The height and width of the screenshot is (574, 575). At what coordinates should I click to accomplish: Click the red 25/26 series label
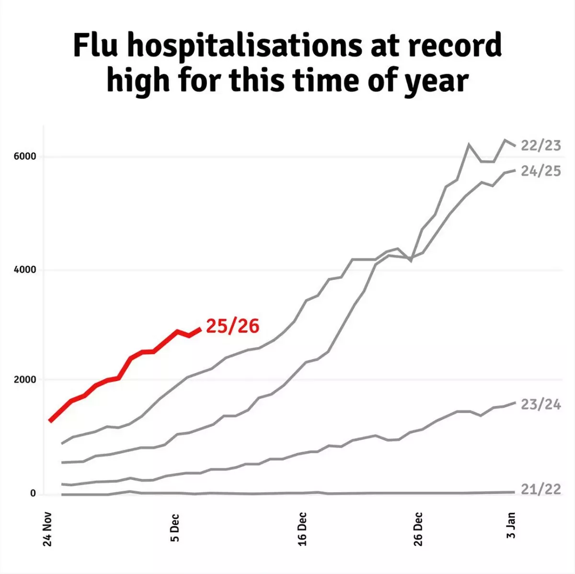(232, 326)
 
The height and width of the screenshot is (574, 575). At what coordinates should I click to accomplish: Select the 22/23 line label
(540, 146)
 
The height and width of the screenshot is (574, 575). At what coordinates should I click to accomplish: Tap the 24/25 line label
(540, 171)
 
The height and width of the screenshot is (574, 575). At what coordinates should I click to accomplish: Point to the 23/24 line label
(540, 405)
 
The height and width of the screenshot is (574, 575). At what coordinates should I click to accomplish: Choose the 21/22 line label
(540, 489)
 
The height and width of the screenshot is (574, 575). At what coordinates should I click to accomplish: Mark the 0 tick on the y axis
(33, 493)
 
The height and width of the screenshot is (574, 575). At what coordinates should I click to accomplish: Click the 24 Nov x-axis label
(47, 530)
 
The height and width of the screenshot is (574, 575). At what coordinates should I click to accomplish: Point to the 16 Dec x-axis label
(302, 529)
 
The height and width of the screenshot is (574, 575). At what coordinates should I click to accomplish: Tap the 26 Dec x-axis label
(418, 529)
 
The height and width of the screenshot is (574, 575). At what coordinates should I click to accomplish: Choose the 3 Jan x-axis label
(511, 525)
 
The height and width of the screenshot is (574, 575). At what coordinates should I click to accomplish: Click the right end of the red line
(200, 328)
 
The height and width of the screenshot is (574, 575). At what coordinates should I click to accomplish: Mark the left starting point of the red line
(50, 421)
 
